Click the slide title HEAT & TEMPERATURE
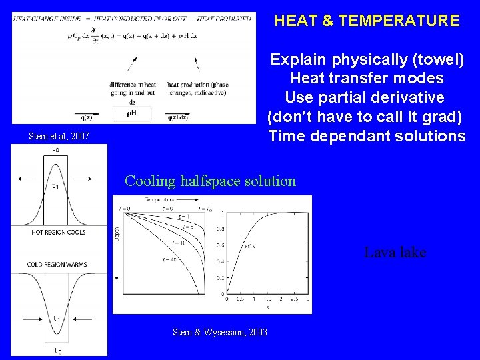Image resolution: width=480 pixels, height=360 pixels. tap(367, 21)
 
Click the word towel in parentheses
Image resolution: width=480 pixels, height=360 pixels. tap(436, 60)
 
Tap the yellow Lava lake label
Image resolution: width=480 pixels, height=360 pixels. tap(395, 253)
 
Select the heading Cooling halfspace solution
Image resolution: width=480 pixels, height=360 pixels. tap(210, 181)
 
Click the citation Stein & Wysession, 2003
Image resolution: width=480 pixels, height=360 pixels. tap(219, 331)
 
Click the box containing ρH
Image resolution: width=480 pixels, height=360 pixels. tap(132, 114)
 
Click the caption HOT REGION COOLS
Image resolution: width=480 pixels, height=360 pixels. tap(59, 232)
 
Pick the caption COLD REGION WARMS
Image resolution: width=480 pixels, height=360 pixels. tap(57, 265)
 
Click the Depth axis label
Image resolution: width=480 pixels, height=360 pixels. tap(117, 233)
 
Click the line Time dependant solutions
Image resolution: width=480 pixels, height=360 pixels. tap(367, 137)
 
